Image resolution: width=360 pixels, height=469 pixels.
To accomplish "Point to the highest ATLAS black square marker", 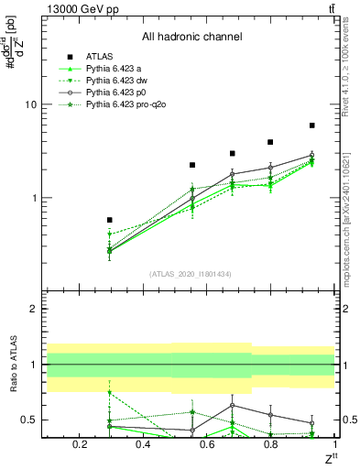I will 312,125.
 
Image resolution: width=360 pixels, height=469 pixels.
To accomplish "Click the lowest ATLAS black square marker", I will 110,220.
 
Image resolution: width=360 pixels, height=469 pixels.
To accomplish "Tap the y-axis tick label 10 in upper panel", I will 29,104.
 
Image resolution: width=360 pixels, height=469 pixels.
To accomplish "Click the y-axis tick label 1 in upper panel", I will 32,198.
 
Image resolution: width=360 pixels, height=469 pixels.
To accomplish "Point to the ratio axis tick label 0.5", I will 27,420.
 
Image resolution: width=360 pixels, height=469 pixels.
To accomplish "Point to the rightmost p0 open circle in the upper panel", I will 312,156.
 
